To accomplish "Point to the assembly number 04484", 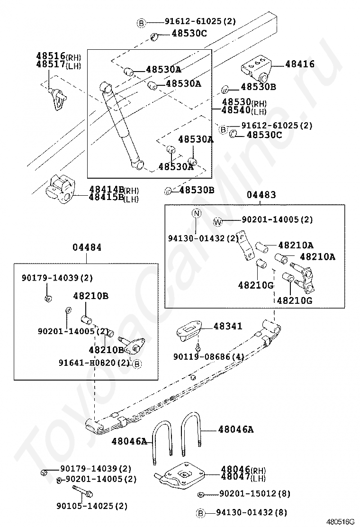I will pyautogui.click(x=87, y=247).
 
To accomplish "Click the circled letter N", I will pyautogui.click(x=197, y=214).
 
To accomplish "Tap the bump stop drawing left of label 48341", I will pyautogui.click(x=189, y=330).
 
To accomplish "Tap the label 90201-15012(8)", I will pyautogui.click(x=254, y=494).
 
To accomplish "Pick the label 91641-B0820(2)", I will pyautogui.click(x=94, y=363).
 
